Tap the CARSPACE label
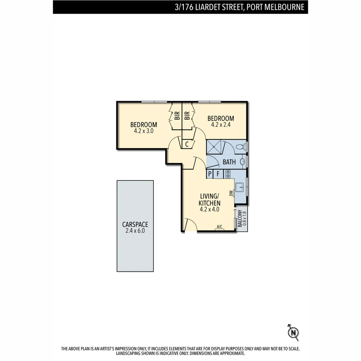tap(135, 225)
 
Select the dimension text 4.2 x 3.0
tap(143, 131)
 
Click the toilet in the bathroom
tap(240, 147)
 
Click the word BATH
tap(229, 162)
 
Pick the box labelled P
tap(210, 174)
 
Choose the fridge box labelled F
tap(218, 174)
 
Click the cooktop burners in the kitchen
tap(228, 174)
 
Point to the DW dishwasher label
tap(231, 193)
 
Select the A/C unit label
tap(220, 227)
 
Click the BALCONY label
tap(240, 218)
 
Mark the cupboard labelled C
tap(187, 144)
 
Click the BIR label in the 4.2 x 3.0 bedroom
tap(177, 116)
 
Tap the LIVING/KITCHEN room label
tap(210, 200)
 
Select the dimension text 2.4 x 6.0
tap(135, 231)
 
